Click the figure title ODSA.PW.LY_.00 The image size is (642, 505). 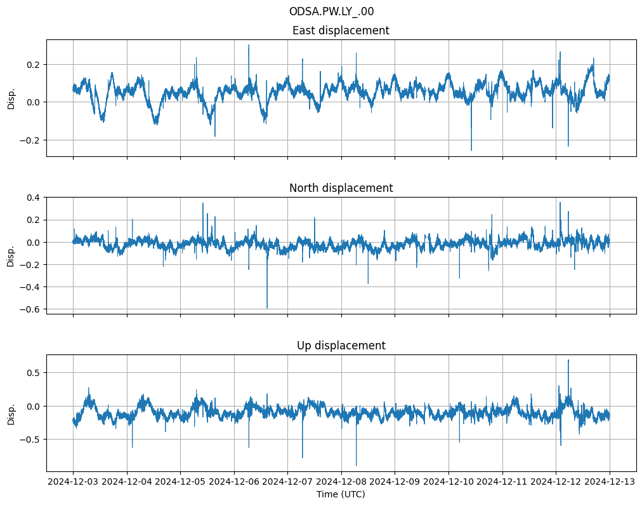(x=336, y=11)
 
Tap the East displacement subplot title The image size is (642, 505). (x=341, y=30)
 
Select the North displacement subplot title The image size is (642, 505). (x=341, y=188)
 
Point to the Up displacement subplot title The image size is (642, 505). (x=341, y=346)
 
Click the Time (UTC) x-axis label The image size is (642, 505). (x=341, y=494)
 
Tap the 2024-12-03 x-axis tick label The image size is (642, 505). (x=73, y=482)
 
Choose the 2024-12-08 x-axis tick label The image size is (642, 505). (x=341, y=482)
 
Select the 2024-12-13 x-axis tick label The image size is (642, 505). (x=610, y=482)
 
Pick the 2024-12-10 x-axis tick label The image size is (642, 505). (x=449, y=482)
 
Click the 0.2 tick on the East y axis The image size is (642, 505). (x=32, y=65)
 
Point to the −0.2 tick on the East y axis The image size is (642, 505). (x=30, y=140)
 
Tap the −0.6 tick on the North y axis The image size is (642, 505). (x=30, y=309)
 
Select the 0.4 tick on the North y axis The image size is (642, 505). (x=32, y=198)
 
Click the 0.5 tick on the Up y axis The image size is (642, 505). (x=32, y=373)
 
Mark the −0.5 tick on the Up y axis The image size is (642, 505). (x=30, y=440)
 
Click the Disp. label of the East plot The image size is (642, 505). (x=11, y=97)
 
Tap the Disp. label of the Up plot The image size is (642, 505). (x=11, y=413)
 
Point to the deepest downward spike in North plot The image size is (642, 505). (x=267, y=307)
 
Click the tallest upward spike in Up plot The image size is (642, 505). (x=568, y=361)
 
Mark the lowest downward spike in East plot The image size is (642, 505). (x=471, y=149)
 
